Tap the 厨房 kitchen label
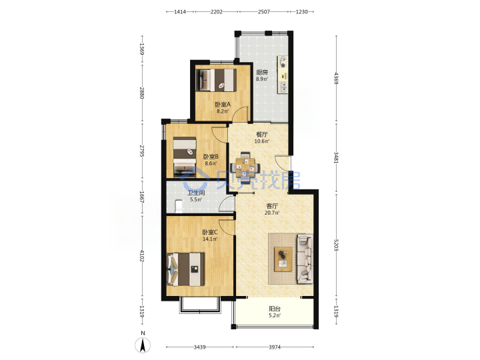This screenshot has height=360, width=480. pos(262,72)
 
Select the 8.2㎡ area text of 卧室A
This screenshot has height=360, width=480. pos(223,111)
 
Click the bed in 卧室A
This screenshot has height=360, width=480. pos(216,80)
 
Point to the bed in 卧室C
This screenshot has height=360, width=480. pos(185,269)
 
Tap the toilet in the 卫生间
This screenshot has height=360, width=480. pos(179,206)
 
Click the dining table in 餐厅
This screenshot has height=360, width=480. pos(245,166)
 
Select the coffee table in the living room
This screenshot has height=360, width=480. pos(283,259)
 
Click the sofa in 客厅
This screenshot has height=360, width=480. pos(305,259)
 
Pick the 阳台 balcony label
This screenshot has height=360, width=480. pos(275,309)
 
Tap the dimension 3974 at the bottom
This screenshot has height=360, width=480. pos(275,347)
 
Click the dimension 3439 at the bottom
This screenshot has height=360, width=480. pos(199,347)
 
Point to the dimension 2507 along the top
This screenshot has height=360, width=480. pos(264,11)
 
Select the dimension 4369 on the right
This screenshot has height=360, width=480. pos(336,79)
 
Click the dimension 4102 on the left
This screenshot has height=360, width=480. pos(142,255)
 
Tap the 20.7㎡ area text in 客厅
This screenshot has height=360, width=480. pos(272,213)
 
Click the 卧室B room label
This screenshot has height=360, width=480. pos(211,157)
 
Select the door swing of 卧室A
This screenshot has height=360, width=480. pos(240,114)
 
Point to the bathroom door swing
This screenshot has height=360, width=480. pos(227,204)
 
